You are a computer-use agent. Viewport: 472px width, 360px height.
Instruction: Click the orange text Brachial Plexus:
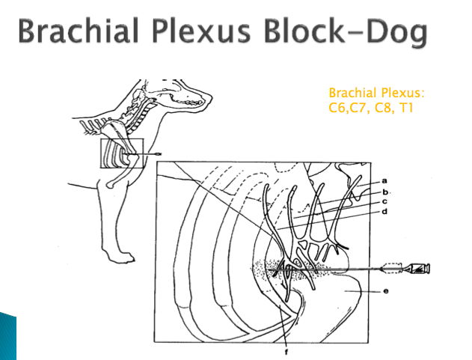tap(376, 93)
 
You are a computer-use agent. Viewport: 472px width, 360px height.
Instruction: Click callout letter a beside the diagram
tap(384, 180)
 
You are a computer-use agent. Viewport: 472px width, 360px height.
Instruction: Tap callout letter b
tap(384, 192)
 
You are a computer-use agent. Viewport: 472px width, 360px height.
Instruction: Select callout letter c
tap(384, 202)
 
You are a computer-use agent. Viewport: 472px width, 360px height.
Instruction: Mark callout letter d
tap(384, 213)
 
